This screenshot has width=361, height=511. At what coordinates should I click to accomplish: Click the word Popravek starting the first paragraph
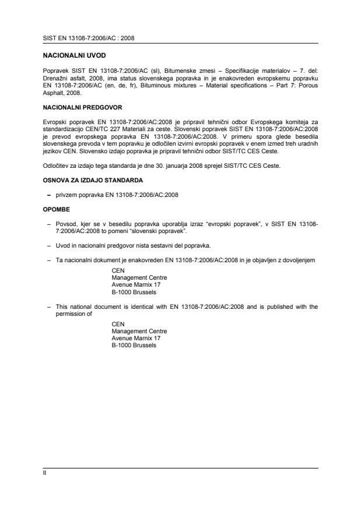(54, 70)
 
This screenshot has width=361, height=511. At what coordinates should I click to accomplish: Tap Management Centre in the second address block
(139, 331)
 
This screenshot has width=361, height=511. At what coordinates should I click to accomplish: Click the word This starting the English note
(61, 305)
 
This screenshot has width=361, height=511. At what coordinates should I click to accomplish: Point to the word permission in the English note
(64, 313)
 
